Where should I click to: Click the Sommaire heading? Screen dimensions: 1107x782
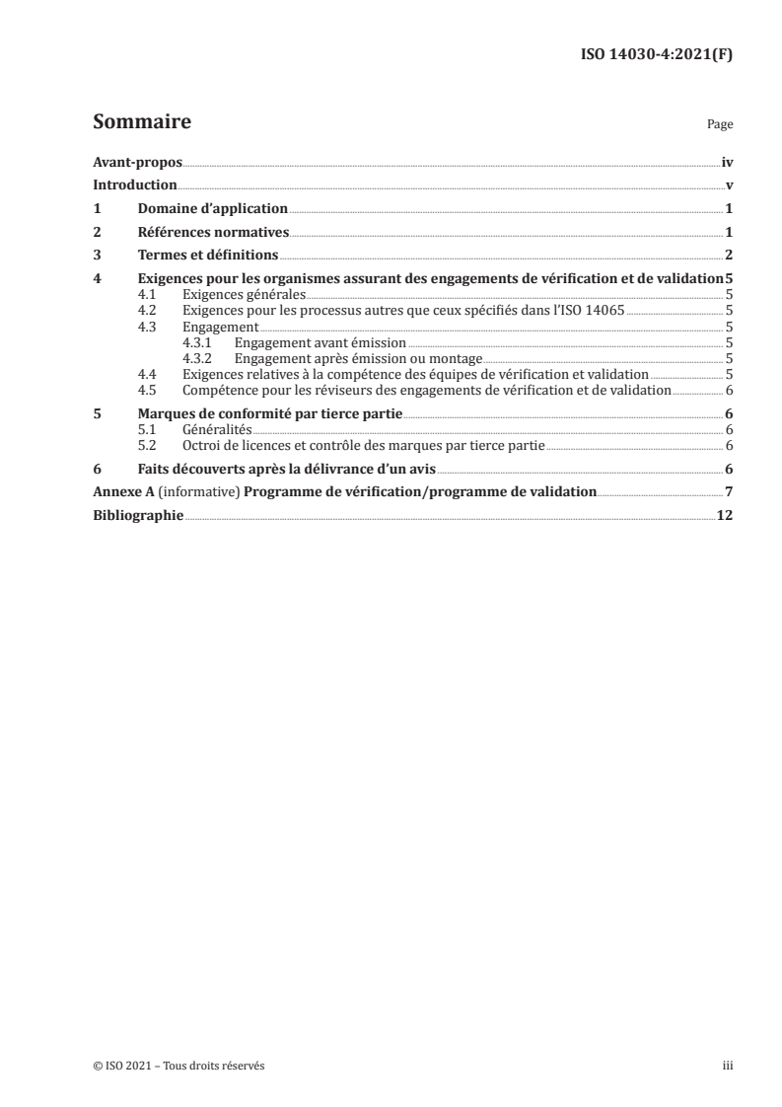coord(142,123)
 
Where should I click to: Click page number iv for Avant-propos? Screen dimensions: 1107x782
coord(727,162)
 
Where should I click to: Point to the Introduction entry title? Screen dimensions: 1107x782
coord(135,185)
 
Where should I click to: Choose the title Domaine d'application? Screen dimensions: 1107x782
coord(212,209)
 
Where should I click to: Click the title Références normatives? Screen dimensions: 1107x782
coord(213,233)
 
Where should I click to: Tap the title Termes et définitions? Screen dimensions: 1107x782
coord(208,257)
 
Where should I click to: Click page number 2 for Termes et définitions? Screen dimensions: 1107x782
coord(729,257)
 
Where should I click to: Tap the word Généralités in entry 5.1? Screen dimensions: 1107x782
coord(217,430)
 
